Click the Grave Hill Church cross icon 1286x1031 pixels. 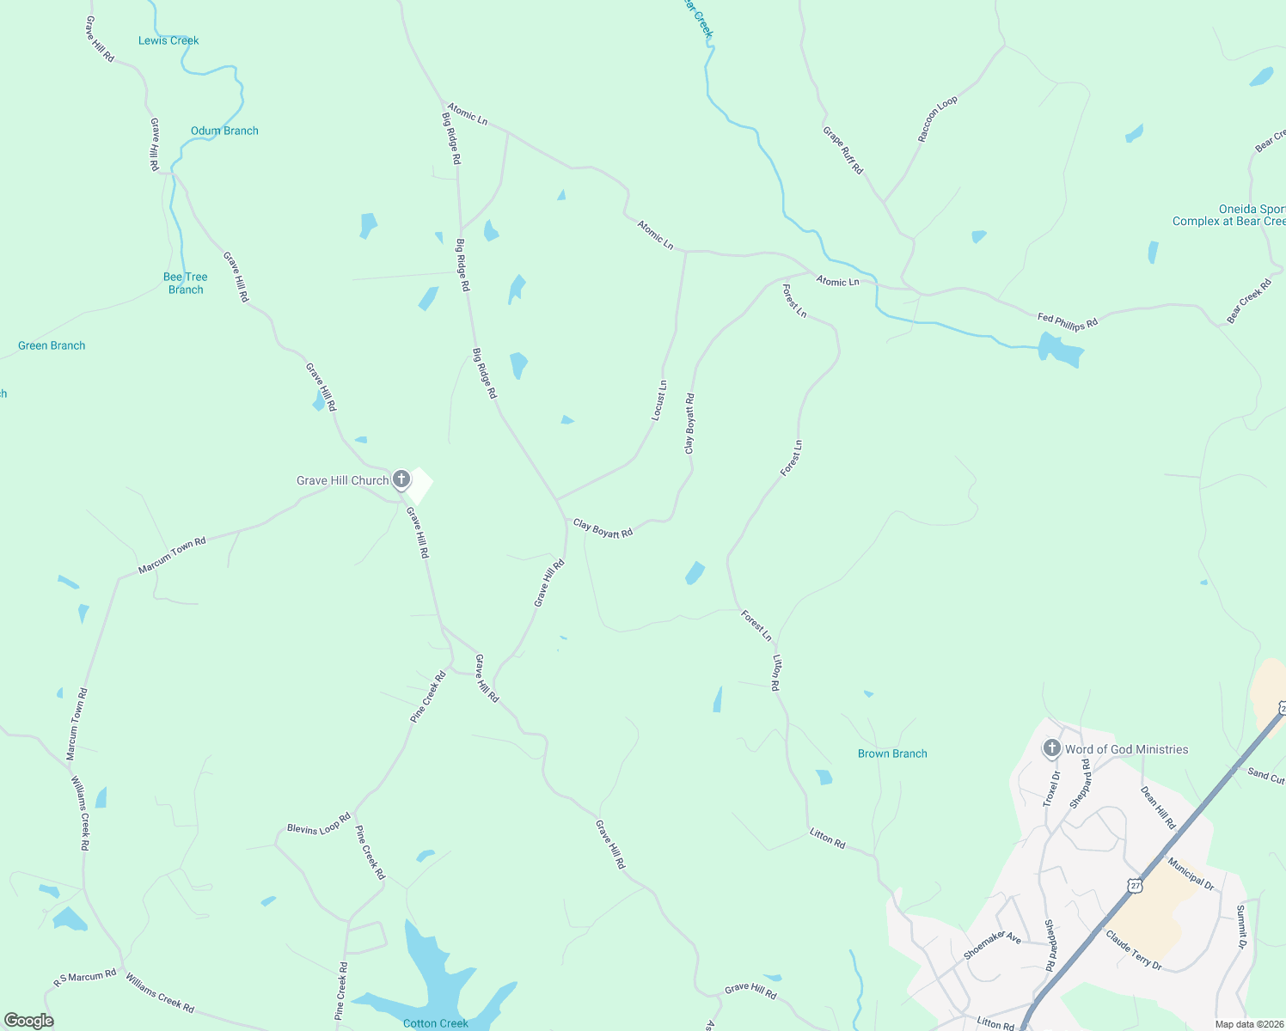pos(401,479)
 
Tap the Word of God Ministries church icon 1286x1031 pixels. pos(1051,748)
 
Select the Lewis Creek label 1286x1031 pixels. pos(168,40)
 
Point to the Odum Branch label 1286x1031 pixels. pos(224,131)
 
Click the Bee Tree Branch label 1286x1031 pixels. pos(186,283)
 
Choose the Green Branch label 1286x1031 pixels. pos(52,345)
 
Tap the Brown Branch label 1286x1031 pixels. pos(892,753)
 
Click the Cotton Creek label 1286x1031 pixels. pos(436,1023)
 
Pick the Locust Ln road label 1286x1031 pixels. pos(659,400)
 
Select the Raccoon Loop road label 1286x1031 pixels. pos(937,119)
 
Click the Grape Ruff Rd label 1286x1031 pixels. pos(842,150)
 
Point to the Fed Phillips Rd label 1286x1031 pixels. pos(1068,322)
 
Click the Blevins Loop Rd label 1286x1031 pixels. pos(319,824)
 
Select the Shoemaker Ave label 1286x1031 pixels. pos(992,946)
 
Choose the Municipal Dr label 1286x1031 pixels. pos(1191,873)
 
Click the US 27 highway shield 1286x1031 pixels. pos(1136,885)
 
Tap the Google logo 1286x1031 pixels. pos(29,1021)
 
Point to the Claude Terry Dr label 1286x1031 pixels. pos(1134,950)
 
